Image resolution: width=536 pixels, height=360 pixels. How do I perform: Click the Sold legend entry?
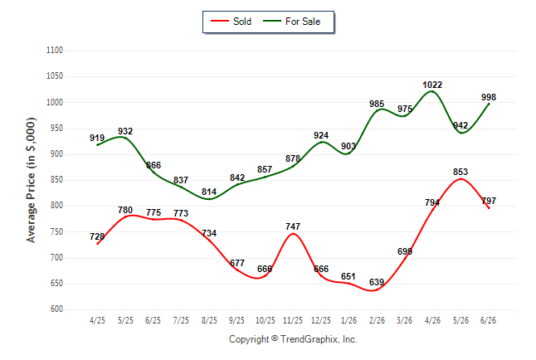(231, 22)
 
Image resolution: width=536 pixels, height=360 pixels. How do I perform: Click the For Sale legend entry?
(292, 22)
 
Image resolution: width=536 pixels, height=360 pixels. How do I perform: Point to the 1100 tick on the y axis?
(55, 51)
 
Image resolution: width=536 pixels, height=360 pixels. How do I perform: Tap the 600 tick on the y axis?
(56, 309)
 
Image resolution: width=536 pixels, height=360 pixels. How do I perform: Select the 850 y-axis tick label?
(56, 179)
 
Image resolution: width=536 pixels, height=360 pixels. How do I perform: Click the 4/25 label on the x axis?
(97, 320)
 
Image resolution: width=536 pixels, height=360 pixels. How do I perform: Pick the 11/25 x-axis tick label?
(293, 320)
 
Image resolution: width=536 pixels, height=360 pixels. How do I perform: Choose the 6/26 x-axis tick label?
(488, 320)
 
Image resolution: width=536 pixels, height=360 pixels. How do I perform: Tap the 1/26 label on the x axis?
(348, 320)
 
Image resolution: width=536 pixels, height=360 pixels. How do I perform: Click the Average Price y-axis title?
(31, 180)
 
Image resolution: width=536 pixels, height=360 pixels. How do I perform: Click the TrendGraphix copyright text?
(293, 339)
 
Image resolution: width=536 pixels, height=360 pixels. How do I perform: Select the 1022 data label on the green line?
(432, 85)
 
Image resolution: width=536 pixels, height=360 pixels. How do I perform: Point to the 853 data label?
(460, 172)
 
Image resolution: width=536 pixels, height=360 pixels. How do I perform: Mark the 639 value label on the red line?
(377, 282)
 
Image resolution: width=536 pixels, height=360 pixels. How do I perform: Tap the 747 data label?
(293, 226)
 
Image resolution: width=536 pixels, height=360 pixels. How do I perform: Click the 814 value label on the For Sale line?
(209, 192)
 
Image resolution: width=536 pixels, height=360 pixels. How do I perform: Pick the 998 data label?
(489, 97)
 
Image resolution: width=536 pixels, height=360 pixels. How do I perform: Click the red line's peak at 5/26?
(460, 179)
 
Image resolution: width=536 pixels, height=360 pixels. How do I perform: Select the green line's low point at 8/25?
(209, 199)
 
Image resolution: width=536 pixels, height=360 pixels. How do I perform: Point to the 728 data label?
(97, 236)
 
